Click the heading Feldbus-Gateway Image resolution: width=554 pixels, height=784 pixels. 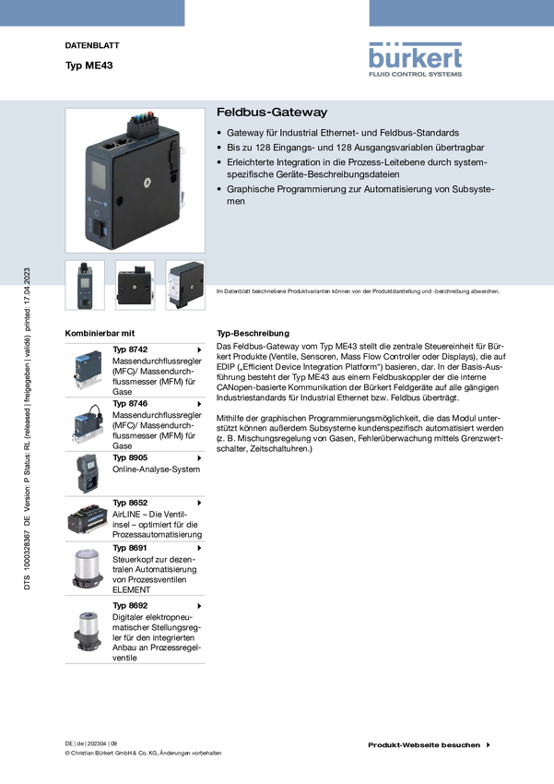(272, 113)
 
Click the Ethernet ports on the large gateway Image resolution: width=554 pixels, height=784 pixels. (119, 145)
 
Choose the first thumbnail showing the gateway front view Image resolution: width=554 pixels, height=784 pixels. (85, 285)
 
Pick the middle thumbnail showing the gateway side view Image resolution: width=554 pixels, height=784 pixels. (136, 285)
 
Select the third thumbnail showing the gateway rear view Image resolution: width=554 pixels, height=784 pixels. (185, 285)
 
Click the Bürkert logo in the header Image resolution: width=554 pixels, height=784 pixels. (416, 58)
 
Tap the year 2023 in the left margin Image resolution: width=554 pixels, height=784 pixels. (28, 278)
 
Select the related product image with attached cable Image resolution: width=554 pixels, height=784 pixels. (86, 423)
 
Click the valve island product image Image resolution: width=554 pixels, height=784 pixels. (88, 519)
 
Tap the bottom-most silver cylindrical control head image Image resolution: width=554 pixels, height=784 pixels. (87, 631)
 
